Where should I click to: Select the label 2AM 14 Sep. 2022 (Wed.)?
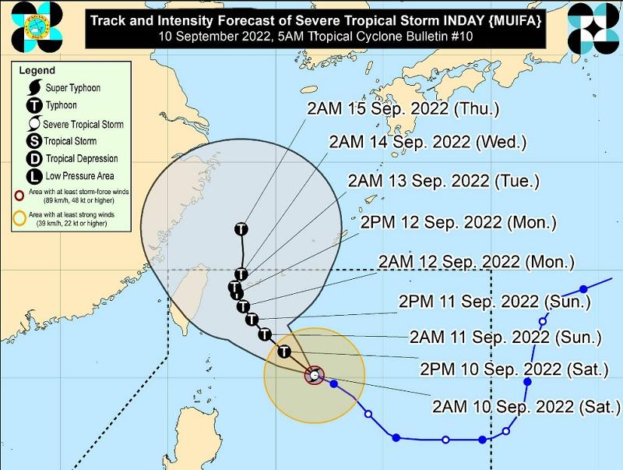[x=428, y=143]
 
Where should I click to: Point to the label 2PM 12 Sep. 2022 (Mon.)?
[x=458, y=222]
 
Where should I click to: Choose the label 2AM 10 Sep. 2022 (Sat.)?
[x=526, y=406]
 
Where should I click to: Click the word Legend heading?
[x=36, y=70]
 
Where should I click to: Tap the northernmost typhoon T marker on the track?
[x=241, y=229]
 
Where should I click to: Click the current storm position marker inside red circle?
[x=314, y=376]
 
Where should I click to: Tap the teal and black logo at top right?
[x=593, y=27]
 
